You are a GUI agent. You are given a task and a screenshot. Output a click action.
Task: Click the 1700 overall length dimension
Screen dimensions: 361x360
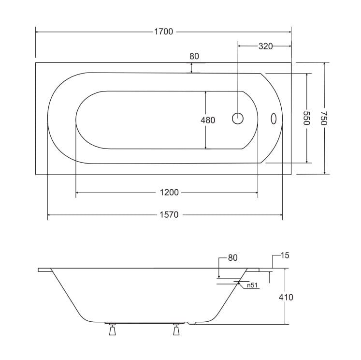coord(163,31)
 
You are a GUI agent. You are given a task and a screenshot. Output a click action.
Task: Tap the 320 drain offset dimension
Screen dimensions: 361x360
coord(265,46)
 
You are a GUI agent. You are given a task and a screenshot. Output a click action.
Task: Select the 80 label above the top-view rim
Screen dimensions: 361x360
coord(194,56)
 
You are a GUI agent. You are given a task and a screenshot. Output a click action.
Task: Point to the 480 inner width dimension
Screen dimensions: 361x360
coord(208,120)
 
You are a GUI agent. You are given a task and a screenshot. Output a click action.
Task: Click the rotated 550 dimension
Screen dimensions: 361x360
coord(307,118)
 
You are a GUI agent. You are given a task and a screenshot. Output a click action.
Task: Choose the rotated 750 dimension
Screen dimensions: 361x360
coord(324,118)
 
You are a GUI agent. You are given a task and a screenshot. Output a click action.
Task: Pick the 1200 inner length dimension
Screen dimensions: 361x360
coord(169,192)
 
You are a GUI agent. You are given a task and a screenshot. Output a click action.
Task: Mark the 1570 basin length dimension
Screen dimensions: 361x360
coord(169,215)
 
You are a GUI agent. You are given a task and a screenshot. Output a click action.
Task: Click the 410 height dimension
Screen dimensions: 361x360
coord(286,297)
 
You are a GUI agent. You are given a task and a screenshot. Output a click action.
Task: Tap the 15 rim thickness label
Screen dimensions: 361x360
coord(285,255)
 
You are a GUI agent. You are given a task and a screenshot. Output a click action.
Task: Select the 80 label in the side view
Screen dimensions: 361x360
coord(232,258)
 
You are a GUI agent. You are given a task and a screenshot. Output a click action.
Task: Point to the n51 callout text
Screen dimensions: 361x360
coord(252,285)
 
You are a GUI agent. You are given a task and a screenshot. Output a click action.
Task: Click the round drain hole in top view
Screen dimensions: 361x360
coord(238,118)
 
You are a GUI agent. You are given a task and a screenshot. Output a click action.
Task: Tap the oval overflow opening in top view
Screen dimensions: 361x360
coord(274,119)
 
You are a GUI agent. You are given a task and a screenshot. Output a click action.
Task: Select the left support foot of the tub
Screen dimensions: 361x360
coord(112,330)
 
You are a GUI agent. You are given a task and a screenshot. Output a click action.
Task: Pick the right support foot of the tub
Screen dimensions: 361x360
coord(176,330)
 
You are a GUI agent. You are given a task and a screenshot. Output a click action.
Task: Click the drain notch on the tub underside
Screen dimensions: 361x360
coord(192,323)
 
